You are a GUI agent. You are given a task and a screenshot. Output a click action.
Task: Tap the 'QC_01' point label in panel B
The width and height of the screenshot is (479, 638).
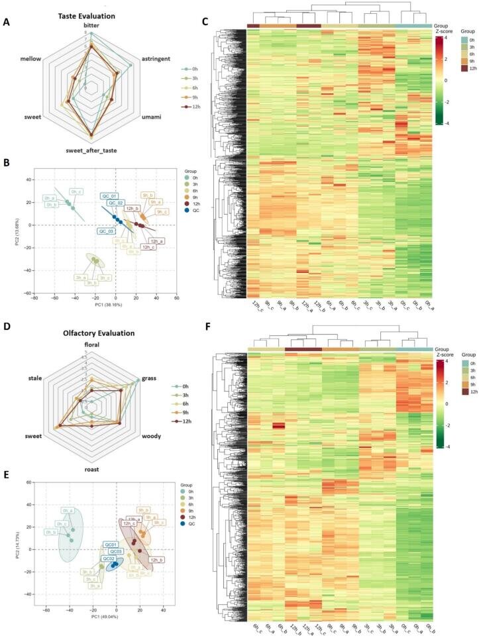tap(109, 196)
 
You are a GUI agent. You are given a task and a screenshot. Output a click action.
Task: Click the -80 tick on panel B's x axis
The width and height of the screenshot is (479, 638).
tap(34, 298)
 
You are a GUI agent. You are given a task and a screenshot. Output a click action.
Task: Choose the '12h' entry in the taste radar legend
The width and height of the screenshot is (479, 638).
tap(193, 106)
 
